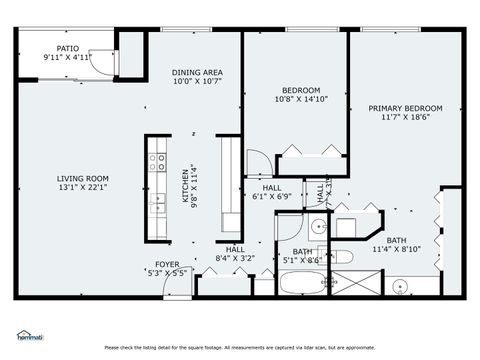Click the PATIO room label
pos(67,47)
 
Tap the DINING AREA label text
pos(197,72)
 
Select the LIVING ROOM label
pos(82,178)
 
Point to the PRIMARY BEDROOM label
pos(405,108)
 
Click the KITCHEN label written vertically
pos(184,186)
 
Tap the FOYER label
pos(166,264)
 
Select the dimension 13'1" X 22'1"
pos(82,187)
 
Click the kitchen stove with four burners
pos(157,160)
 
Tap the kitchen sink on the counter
pos(157,203)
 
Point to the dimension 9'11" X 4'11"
pos(67,56)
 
